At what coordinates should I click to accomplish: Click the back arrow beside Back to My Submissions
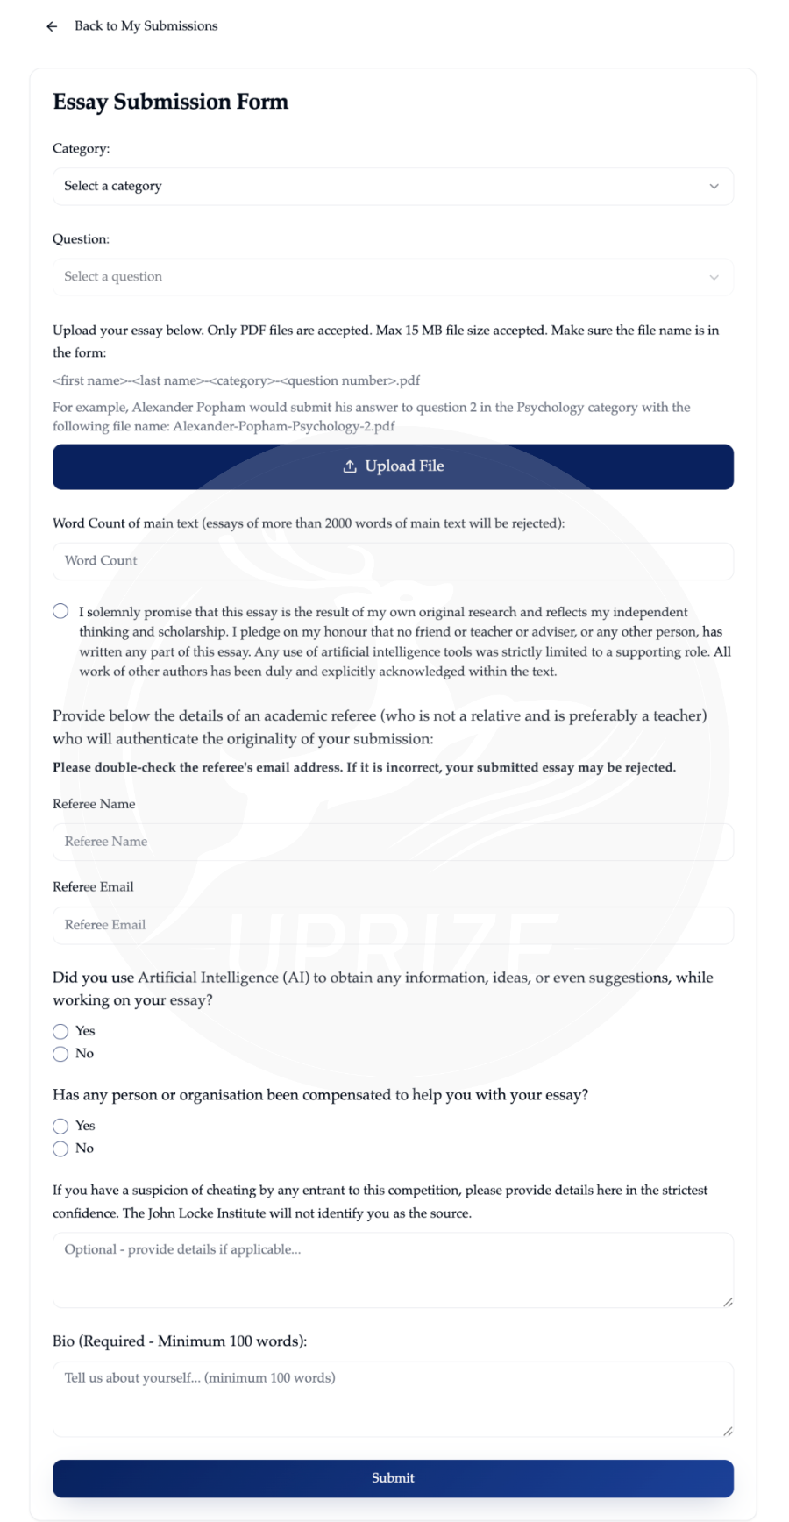(x=52, y=26)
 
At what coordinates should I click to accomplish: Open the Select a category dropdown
(x=392, y=187)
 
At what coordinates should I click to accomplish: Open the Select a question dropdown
(x=392, y=277)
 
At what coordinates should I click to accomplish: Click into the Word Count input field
(x=392, y=561)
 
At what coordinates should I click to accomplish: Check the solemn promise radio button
(x=60, y=611)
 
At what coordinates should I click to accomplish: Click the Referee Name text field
(x=392, y=842)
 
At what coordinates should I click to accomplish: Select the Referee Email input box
(x=392, y=925)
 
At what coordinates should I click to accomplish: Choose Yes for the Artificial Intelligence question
(x=60, y=1031)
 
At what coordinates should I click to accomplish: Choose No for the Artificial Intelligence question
(x=60, y=1054)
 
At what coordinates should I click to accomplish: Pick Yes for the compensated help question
(x=60, y=1126)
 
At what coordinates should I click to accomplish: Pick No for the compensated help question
(x=60, y=1149)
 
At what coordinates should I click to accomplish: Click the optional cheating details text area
(x=392, y=1270)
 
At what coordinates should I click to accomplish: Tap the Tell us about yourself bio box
(x=392, y=1398)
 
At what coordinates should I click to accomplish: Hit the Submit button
(x=392, y=1478)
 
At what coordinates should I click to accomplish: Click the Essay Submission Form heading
(x=170, y=102)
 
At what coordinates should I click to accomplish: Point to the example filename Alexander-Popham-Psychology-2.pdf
(x=284, y=427)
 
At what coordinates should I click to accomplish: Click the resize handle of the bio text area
(x=728, y=1431)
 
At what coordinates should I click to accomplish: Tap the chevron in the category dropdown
(x=714, y=187)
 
